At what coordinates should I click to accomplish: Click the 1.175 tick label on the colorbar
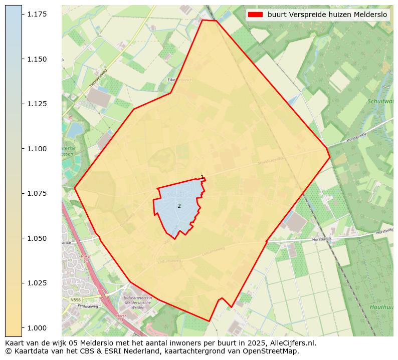(38, 14)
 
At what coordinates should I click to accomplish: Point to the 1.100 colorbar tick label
(38, 149)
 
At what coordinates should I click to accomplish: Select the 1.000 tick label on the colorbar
(38, 327)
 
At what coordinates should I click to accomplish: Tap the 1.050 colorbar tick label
(38, 238)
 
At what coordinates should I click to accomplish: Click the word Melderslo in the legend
(370, 15)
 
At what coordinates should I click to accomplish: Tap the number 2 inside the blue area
(179, 206)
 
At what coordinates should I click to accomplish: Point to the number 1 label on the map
(202, 177)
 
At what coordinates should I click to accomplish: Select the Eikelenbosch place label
(180, 80)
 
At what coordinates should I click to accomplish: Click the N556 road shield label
(75, 300)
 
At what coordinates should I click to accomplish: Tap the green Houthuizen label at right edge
(381, 307)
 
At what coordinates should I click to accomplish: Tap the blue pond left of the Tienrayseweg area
(75, 130)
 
